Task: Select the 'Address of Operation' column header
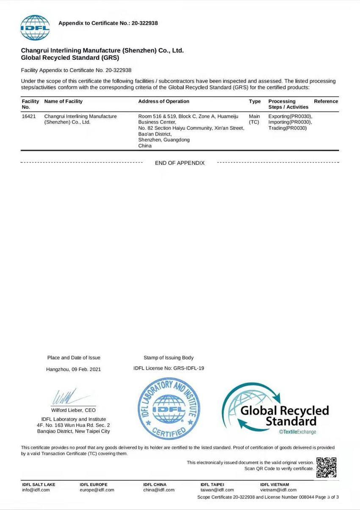click(163, 101)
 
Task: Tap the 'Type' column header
click(255, 101)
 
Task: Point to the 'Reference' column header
click(326, 101)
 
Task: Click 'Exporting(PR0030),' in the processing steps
click(290, 116)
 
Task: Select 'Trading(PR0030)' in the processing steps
click(287, 128)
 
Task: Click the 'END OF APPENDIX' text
click(180, 163)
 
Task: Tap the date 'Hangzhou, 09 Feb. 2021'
click(74, 369)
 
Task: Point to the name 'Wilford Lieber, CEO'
click(73, 410)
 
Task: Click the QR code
click(326, 467)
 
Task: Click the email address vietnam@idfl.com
click(278, 490)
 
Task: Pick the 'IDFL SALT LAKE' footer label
click(39, 484)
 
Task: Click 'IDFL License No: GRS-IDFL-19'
click(169, 368)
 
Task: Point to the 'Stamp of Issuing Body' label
click(169, 358)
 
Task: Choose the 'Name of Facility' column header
click(64, 101)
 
